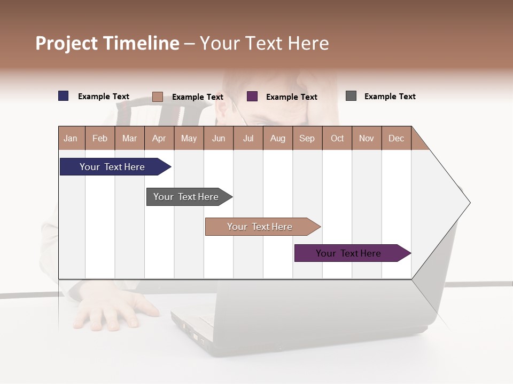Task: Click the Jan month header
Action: point(71,138)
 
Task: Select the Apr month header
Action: point(159,138)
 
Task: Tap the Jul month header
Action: point(248,138)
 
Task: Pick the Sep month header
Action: point(307,138)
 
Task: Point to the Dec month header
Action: point(396,138)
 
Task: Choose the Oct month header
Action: point(337,138)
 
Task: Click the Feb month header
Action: point(100,138)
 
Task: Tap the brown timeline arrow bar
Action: point(260,227)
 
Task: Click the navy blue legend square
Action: point(64,96)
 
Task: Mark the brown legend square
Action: point(157,97)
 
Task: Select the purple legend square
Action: point(252,97)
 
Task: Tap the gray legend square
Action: point(351,96)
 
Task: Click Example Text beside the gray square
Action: point(390,97)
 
